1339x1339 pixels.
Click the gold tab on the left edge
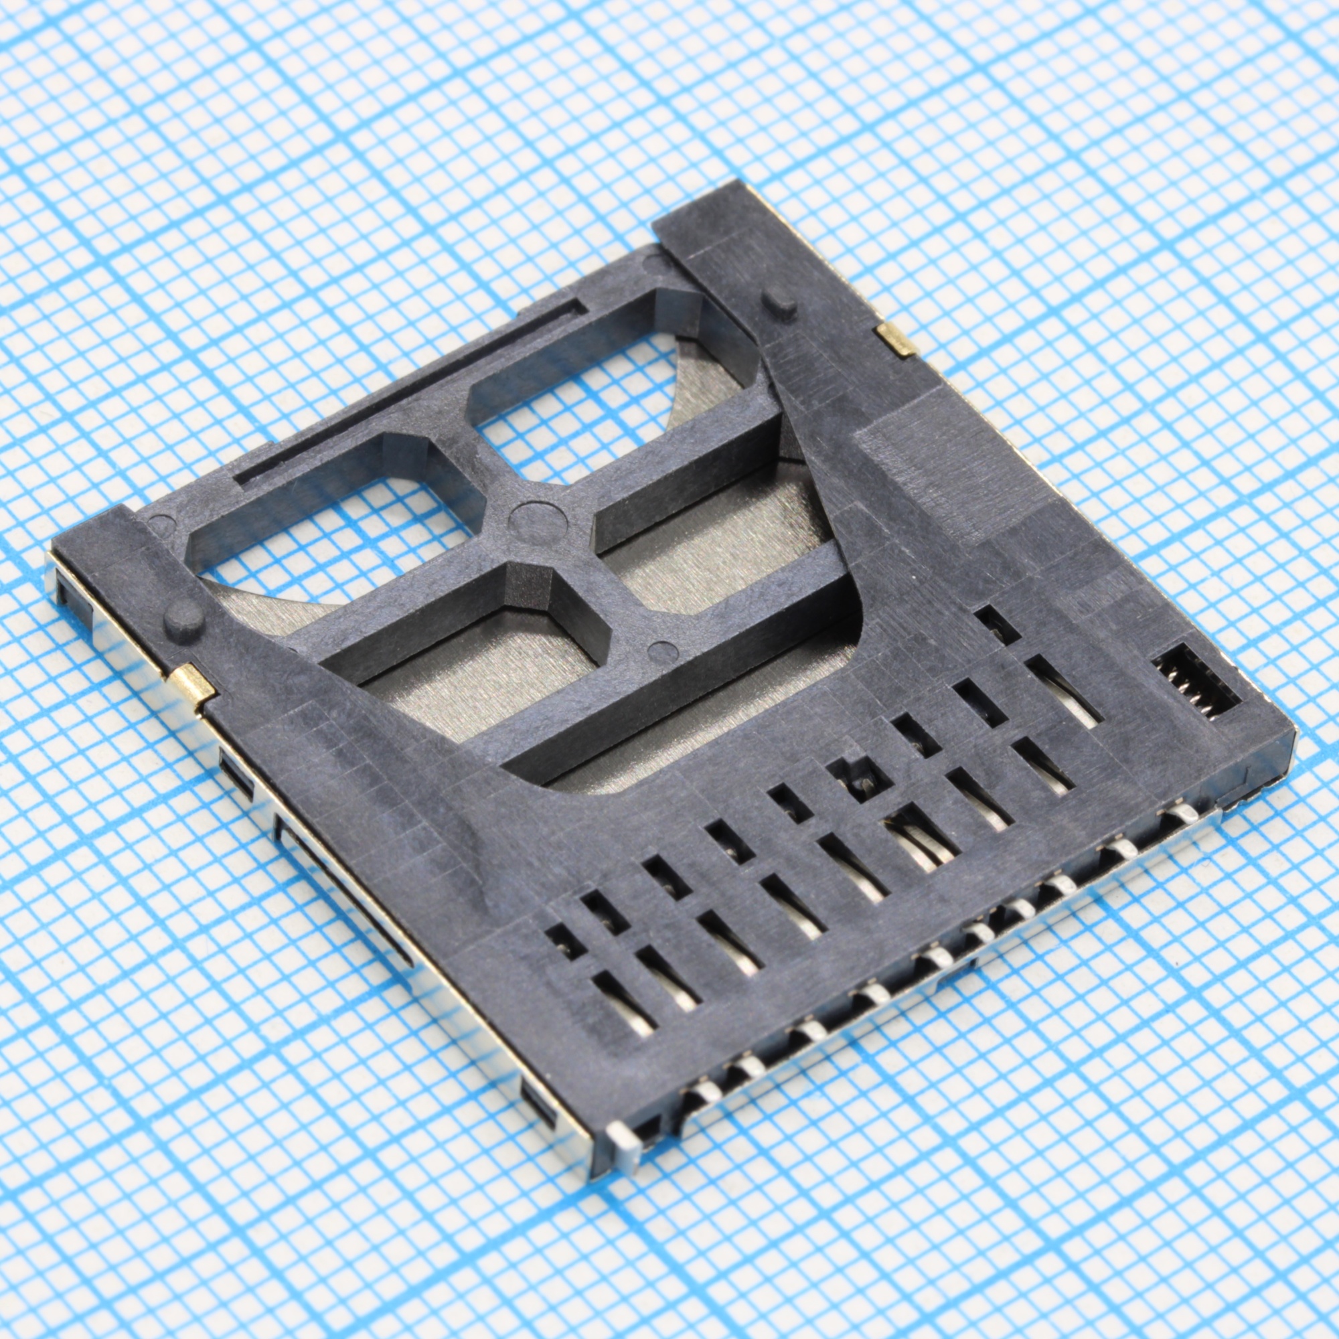193,685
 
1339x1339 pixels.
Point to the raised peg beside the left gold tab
183,619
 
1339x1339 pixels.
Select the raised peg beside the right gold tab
780,302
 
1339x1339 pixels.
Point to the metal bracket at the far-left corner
70,582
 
